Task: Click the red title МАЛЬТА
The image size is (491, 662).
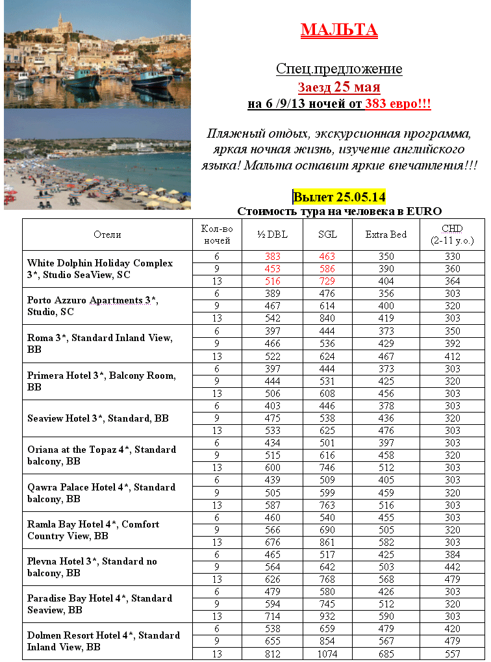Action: click(339, 30)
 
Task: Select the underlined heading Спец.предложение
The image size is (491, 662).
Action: click(339, 69)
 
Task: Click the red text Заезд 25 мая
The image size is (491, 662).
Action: click(339, 87)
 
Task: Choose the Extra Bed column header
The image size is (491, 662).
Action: click(386, 235)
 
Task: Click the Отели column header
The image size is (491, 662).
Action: click(107, 235)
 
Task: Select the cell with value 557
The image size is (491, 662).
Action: click(452, 654)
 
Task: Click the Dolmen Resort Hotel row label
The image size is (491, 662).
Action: click(103, 641)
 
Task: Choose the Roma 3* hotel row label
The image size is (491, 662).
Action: click(99, 344)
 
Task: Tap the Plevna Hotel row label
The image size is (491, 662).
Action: click(92, 567)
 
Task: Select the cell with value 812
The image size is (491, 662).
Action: click(273, 654)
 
